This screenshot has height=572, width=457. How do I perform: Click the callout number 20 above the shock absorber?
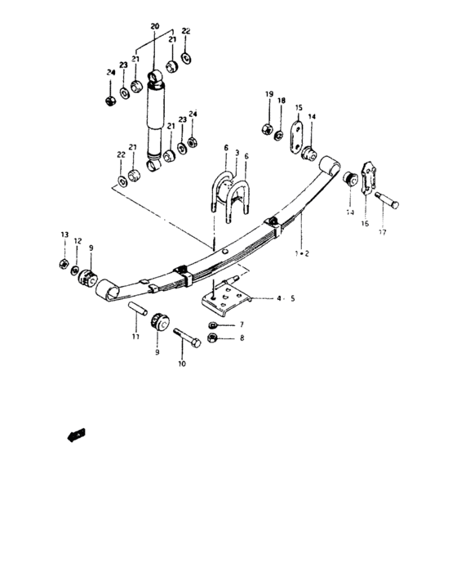pos(155,28)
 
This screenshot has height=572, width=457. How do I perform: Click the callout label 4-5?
pos(284,299)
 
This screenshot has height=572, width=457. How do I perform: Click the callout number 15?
pos(299,107)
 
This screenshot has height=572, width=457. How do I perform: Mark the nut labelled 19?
pos(266,128)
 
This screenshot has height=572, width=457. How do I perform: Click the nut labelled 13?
pos(64,263)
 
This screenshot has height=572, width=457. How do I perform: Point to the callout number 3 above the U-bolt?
pos(237,154)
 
